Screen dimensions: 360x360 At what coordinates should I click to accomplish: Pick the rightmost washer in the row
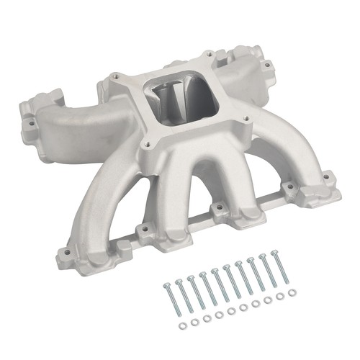291,292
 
